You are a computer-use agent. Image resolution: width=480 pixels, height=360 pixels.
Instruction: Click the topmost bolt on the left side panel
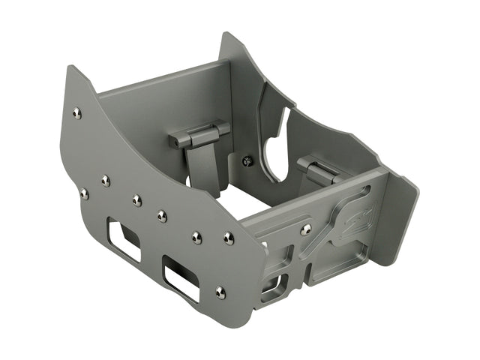(x=76, y=113)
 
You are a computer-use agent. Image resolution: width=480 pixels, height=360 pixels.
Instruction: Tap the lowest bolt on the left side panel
(x=220, y=292)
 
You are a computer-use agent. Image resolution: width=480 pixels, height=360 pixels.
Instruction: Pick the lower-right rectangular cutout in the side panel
(x=181, y=277)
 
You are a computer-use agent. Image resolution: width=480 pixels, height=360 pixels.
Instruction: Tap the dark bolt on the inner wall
(x=247, y=160)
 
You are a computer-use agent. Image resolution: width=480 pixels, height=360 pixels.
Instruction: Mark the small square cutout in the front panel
(x=273, y=285)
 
